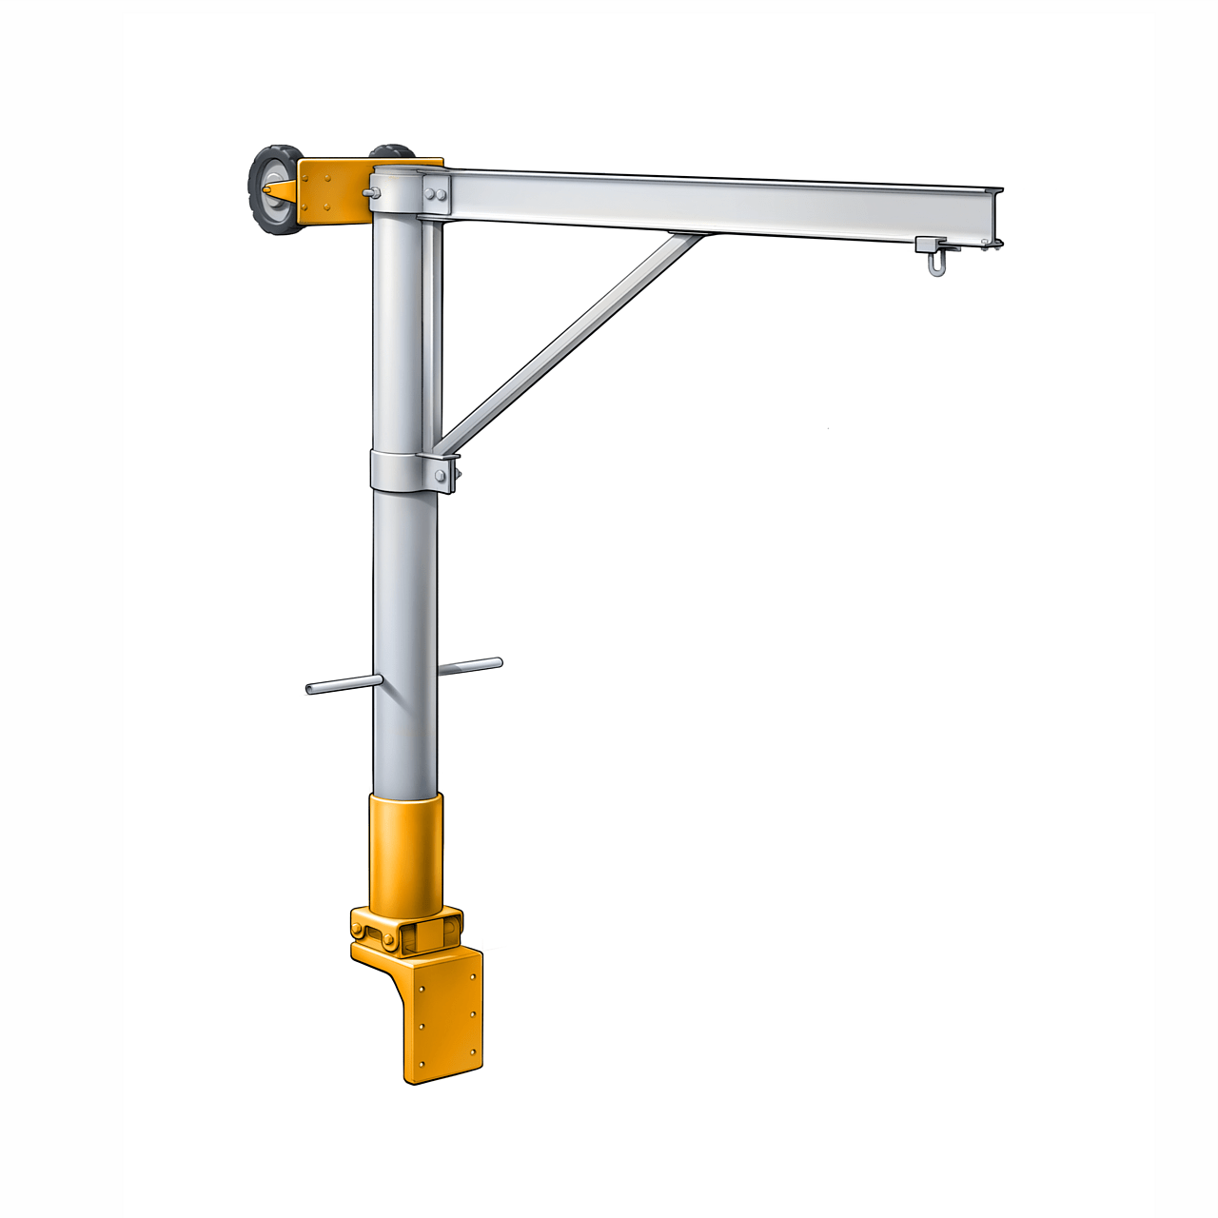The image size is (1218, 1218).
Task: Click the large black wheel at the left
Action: [x=274, y=190]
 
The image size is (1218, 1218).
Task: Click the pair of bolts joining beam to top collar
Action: [x=437, y=195]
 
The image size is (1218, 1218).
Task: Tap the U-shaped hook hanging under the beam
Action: [x=936, y=263]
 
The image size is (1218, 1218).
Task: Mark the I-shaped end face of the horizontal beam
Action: [x=993, y=214]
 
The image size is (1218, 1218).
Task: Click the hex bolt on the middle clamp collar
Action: [x=442, y=473]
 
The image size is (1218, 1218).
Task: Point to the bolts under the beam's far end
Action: [x=990, y=246]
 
